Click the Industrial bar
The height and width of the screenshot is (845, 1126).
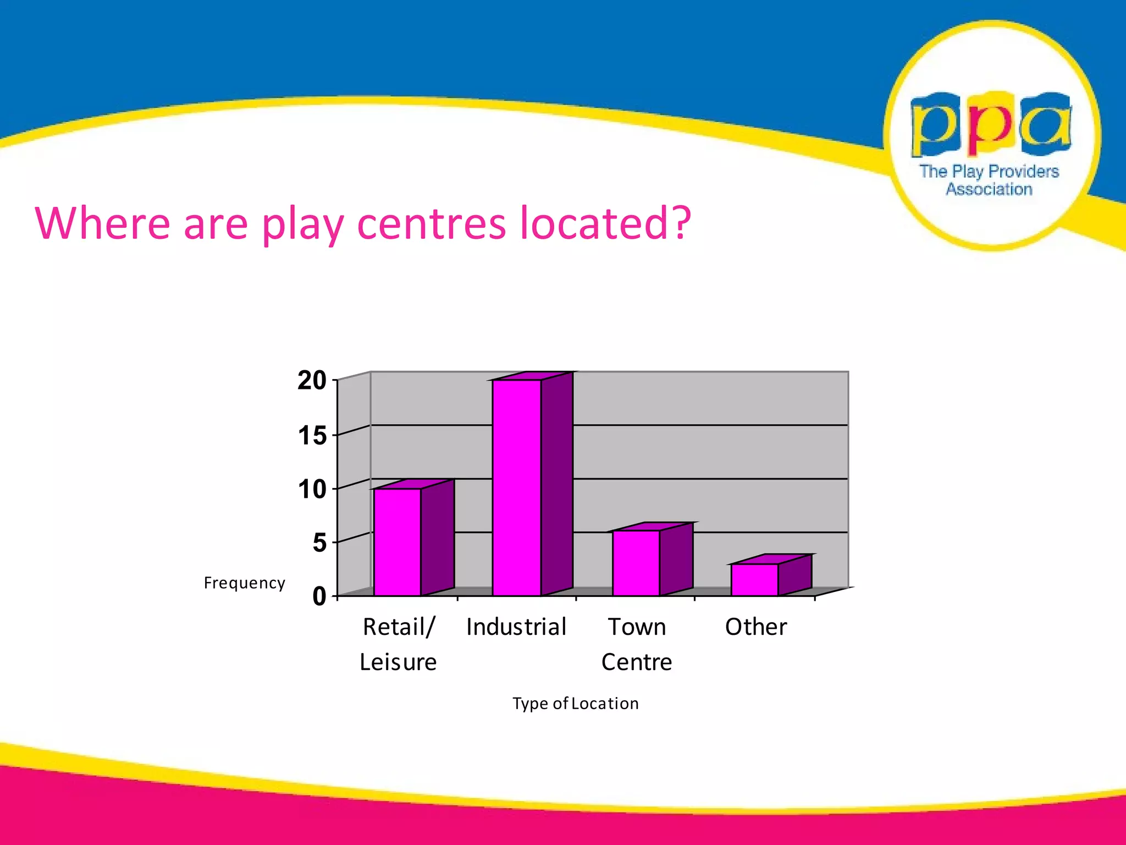[x=517, y=487]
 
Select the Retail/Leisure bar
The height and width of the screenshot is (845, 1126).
[x=398, y=542]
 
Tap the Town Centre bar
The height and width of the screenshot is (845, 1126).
[x=636, y=563]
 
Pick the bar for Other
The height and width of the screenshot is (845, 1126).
[x=754, y=579]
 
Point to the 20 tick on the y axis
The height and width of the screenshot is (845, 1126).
[x=312, y=381]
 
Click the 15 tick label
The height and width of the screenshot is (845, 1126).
[x=312, y=436]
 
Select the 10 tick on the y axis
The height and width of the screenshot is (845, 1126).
[x=312, y=489]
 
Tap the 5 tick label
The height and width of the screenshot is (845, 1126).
[x=319, y=543]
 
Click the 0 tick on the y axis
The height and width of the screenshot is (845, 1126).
[x=319, y=596]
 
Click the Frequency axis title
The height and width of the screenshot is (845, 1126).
[x=245, y=583]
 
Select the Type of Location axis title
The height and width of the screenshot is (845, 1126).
[x=576, y=704]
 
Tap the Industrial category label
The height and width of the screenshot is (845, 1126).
[x=516, y=627]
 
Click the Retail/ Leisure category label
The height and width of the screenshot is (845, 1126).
[x=398, y=644]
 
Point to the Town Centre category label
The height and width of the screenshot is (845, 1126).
[x=637, y=644]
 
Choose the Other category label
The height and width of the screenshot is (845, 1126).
[x=756, y=627]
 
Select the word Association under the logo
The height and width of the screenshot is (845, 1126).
[x=989, y=189]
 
